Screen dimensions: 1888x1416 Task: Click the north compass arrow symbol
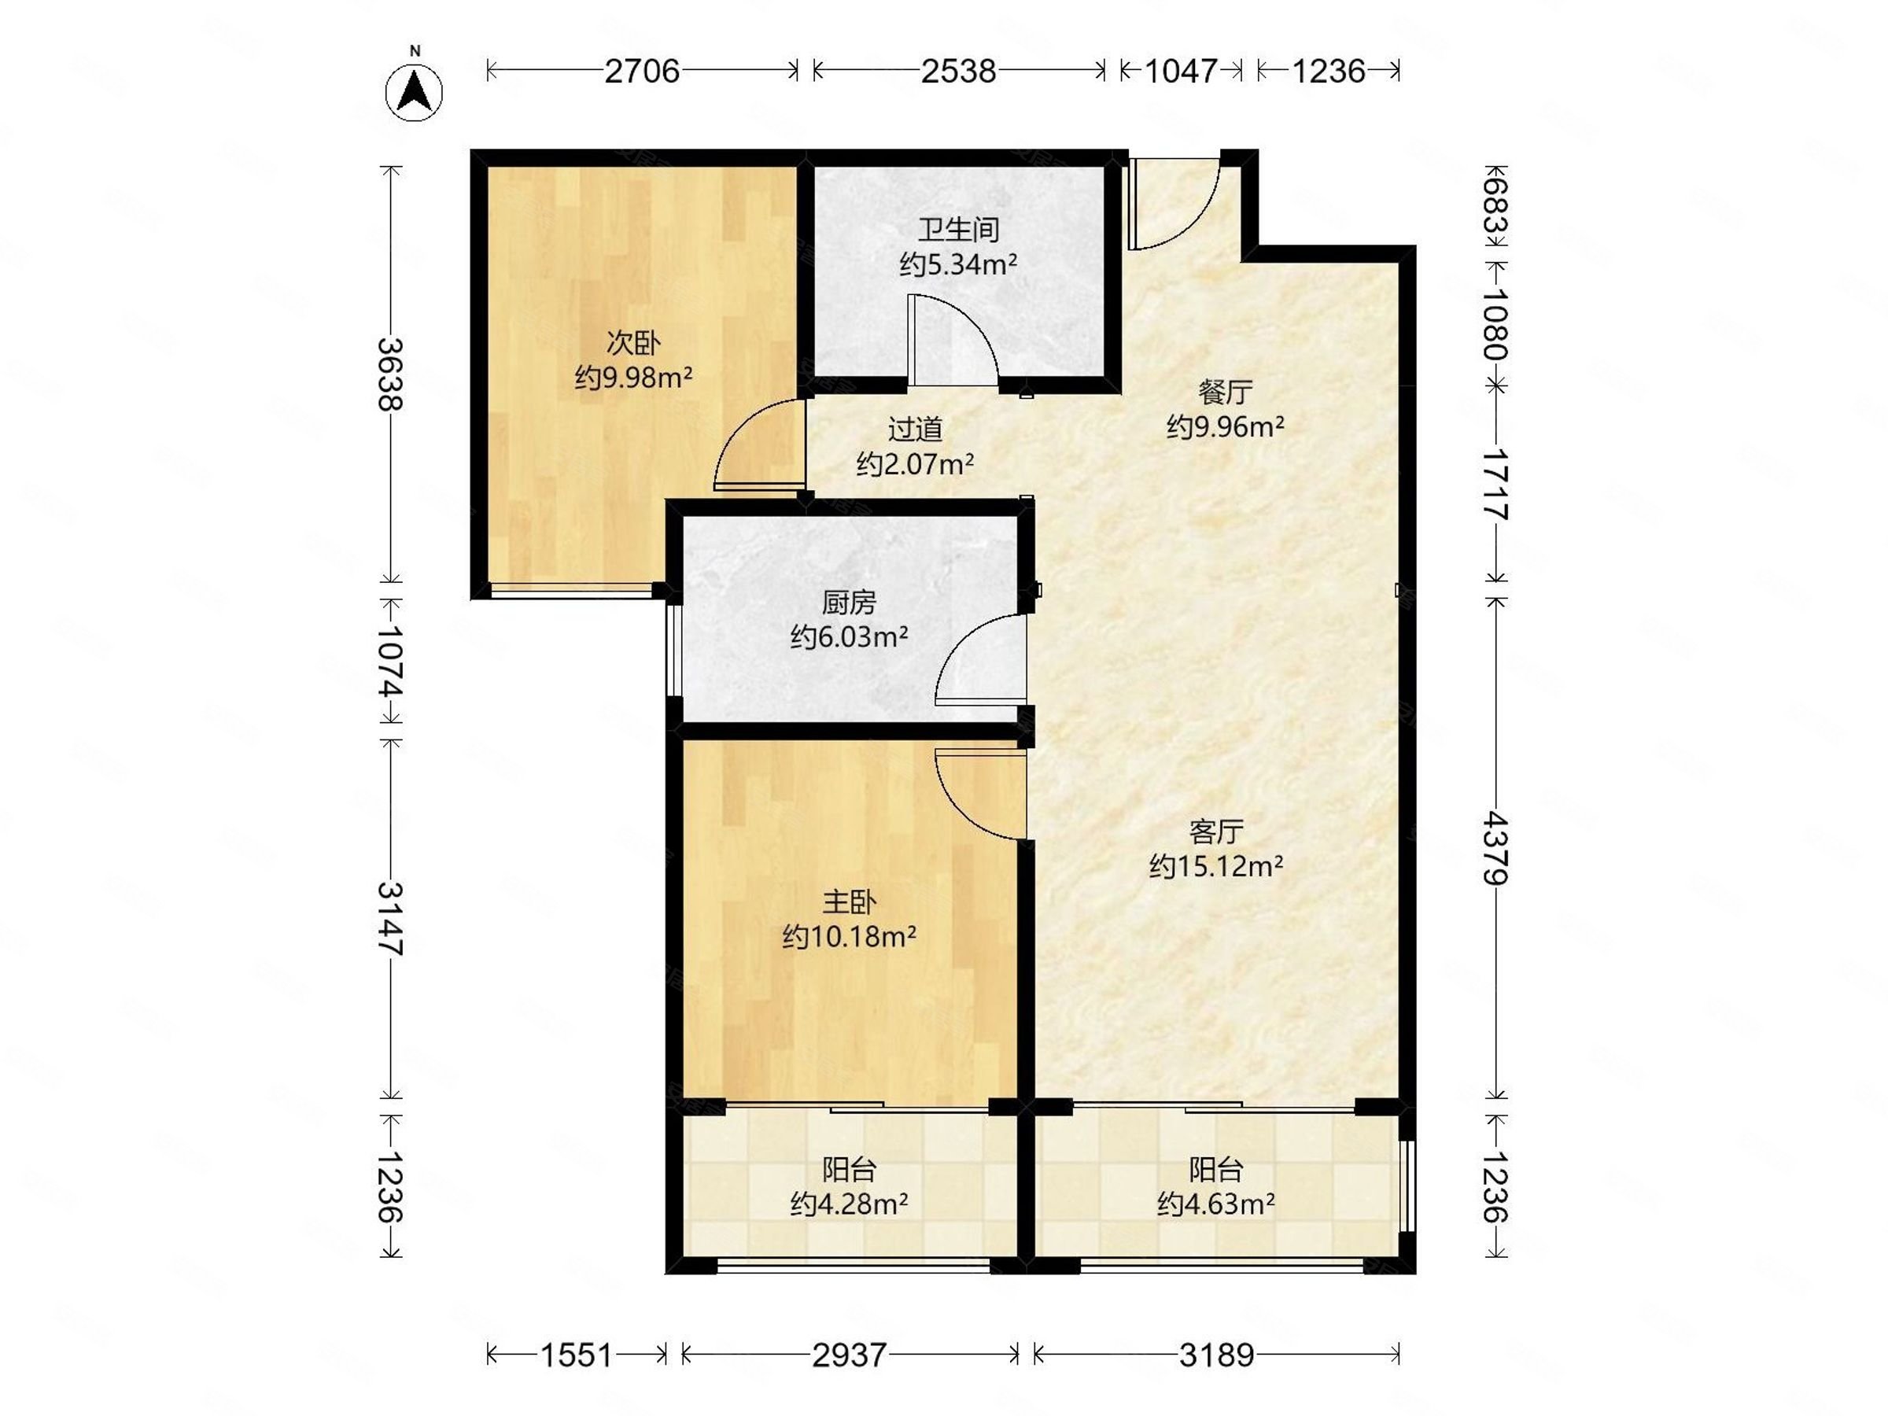tap(415, 91)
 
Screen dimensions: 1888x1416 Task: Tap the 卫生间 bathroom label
tap(958, 230)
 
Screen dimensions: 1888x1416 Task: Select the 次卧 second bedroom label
tap(633, 343)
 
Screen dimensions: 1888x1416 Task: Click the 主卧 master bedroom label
tap(850, 902)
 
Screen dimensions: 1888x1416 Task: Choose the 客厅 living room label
tap(1216, 831)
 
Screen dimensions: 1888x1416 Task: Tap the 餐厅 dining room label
tap(1226, 392)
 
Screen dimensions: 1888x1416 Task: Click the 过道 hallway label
tap(915, 430)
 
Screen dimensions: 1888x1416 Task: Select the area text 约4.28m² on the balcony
tap(850, 1204)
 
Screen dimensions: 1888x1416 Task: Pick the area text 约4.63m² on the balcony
tap(1216, 1204)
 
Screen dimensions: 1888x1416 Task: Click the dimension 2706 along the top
tap(642, 71)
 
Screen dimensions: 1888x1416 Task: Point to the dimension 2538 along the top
tap(958, 71)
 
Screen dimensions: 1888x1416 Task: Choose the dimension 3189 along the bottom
tap(1216, 1355)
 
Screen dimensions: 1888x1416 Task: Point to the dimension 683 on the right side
tap(1495, 204)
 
